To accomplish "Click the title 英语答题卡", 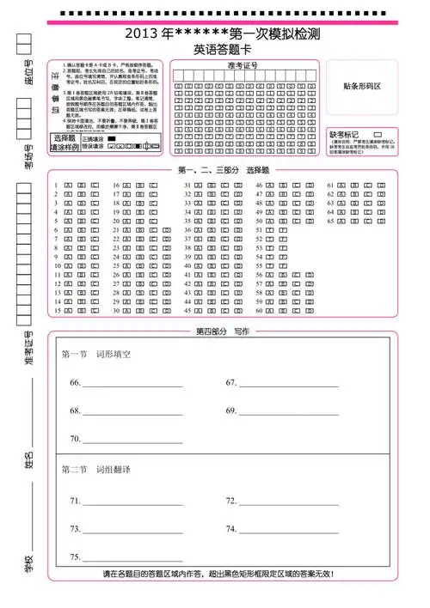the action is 223,50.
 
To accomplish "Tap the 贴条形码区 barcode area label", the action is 362,86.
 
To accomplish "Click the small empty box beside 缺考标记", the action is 378,135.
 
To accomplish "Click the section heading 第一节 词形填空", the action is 95,354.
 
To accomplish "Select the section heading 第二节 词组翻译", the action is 95,470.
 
